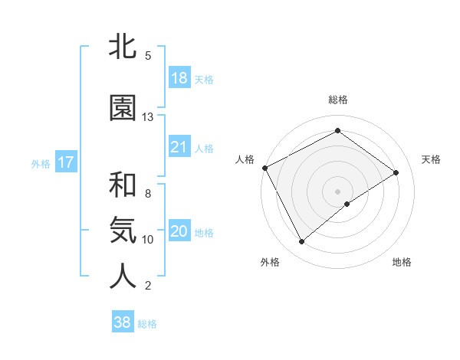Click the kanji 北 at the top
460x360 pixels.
(123, 47)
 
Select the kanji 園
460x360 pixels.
(123, 108)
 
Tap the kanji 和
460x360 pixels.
(123, 185)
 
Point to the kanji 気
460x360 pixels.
(123, 231)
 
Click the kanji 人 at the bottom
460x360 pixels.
(123, 277)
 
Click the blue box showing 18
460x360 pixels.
(179, 78)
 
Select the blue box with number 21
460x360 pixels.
(179, 147)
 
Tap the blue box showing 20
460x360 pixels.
(179, 231)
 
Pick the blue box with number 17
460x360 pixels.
(65, 162)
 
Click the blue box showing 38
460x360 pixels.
(123, 322)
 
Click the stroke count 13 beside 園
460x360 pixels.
(148, 117)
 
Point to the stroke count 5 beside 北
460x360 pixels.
(148, 56)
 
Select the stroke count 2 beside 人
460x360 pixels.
(148, 286)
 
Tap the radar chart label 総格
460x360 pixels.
(337, 100)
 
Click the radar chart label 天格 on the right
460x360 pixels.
(431, 159)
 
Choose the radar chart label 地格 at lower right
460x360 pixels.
(402, 263)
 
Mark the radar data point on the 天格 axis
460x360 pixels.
(396, 172)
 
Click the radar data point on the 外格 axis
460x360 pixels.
(301, 242)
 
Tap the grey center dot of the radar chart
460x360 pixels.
(337, 191)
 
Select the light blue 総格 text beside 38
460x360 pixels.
(147, 324)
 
